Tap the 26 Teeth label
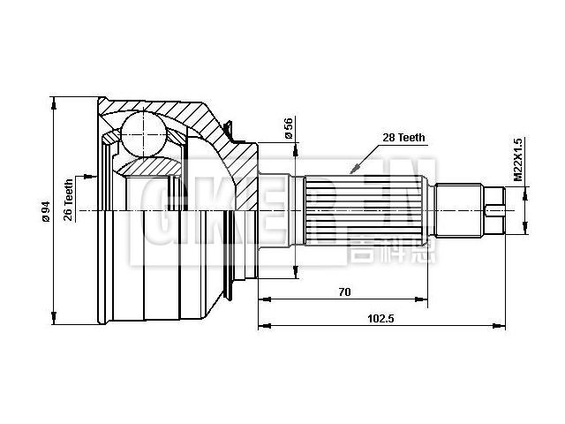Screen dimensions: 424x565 (69, 201)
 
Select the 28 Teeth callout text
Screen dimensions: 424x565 (403, 138)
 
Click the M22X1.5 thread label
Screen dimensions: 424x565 (519, 160)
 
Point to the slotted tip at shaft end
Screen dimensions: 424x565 (496, 209)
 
